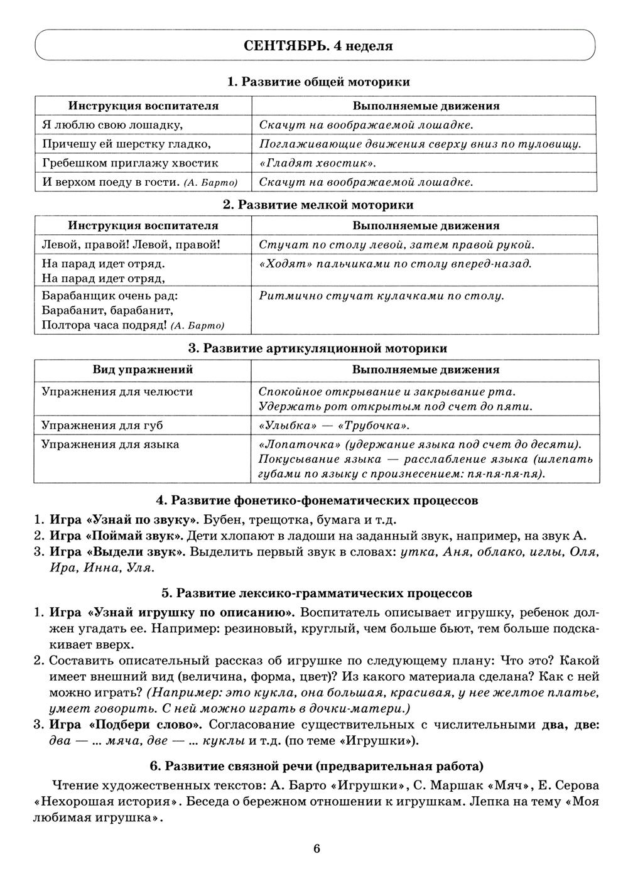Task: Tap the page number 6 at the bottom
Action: (x=317, y=848)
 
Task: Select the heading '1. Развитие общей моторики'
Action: (x=318, y=82)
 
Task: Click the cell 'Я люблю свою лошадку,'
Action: (x=112, y=125)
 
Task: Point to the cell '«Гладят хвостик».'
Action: (x=317, y=163)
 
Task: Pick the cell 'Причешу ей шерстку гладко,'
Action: (x=126, y=144)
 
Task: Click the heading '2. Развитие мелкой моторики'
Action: (x=318, y=205)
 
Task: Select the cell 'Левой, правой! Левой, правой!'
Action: (x=131, y=244)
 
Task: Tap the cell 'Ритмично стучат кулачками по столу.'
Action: (x=381, y=296)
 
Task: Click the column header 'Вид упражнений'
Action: (x=143, y=370)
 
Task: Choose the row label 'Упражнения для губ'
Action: (x=102, y=425)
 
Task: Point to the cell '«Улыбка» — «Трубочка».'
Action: (x=333, y=426)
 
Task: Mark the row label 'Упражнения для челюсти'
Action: (x=117, y=392)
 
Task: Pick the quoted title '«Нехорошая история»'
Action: (x=104, y=802)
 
